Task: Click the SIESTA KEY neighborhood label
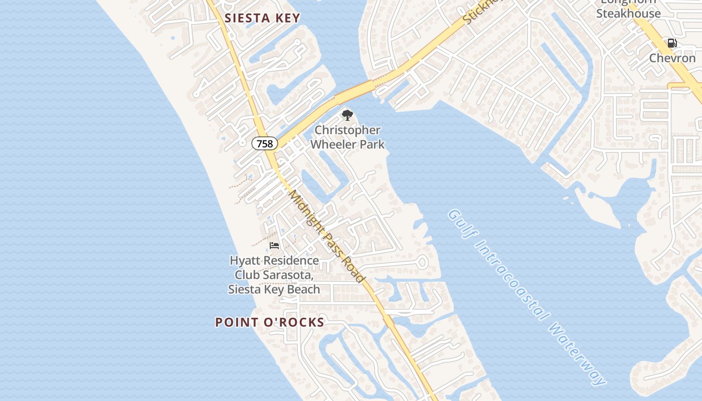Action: pos(262,19)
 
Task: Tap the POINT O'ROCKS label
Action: pos(270,322)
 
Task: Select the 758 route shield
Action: pos(264,144)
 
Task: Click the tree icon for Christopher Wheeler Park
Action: pos(347,116)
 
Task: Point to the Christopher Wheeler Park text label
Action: pos(347,137)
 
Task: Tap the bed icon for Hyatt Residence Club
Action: pos(274,246)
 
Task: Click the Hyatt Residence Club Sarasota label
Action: pos(274,275)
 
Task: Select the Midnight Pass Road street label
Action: pos(326,237)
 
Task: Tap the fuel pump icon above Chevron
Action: pos(672,44)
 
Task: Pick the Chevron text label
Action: pos(672,58)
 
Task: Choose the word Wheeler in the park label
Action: pos(347,144)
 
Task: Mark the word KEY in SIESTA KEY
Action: pos(287,19)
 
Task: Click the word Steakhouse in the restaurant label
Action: pos(628,14)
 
